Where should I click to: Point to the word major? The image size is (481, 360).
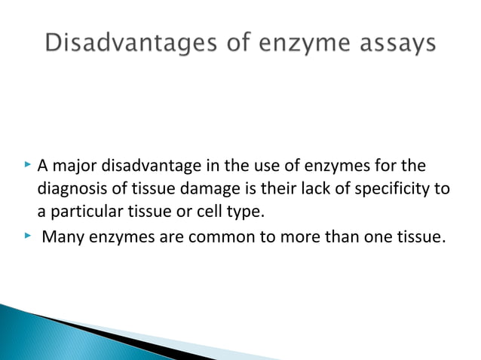click(80, 166)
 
